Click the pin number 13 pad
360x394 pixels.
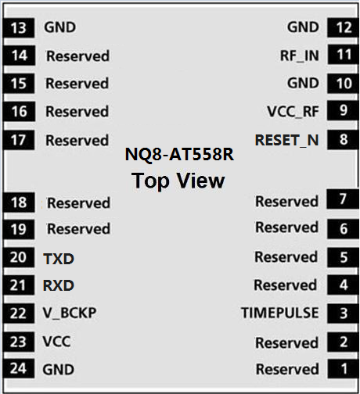click(19, 27)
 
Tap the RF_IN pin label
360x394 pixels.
click(300, 56)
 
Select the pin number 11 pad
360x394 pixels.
click(343, 55)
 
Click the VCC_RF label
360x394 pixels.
click(293, 112)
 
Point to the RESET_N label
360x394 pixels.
click(286, 140)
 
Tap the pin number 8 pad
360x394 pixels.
click(343, 140)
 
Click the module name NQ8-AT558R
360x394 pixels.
click(179, 154)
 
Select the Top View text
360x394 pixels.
click(178, 181)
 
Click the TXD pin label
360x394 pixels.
click(59, 259)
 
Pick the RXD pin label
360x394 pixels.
click(59, 285)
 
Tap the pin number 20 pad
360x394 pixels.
click(19, 257)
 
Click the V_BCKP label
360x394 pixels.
click(70, 313)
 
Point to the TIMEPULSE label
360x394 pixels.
click(279, 313)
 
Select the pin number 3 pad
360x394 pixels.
click(343, 313)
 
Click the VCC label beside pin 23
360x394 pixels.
click(56, 341)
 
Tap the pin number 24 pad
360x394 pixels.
click(19, 368)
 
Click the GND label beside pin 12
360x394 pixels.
click(303, 27)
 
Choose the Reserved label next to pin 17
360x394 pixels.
click(77, 141)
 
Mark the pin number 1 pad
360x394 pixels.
click(343, 369)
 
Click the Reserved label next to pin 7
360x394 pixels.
click(286, 202)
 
